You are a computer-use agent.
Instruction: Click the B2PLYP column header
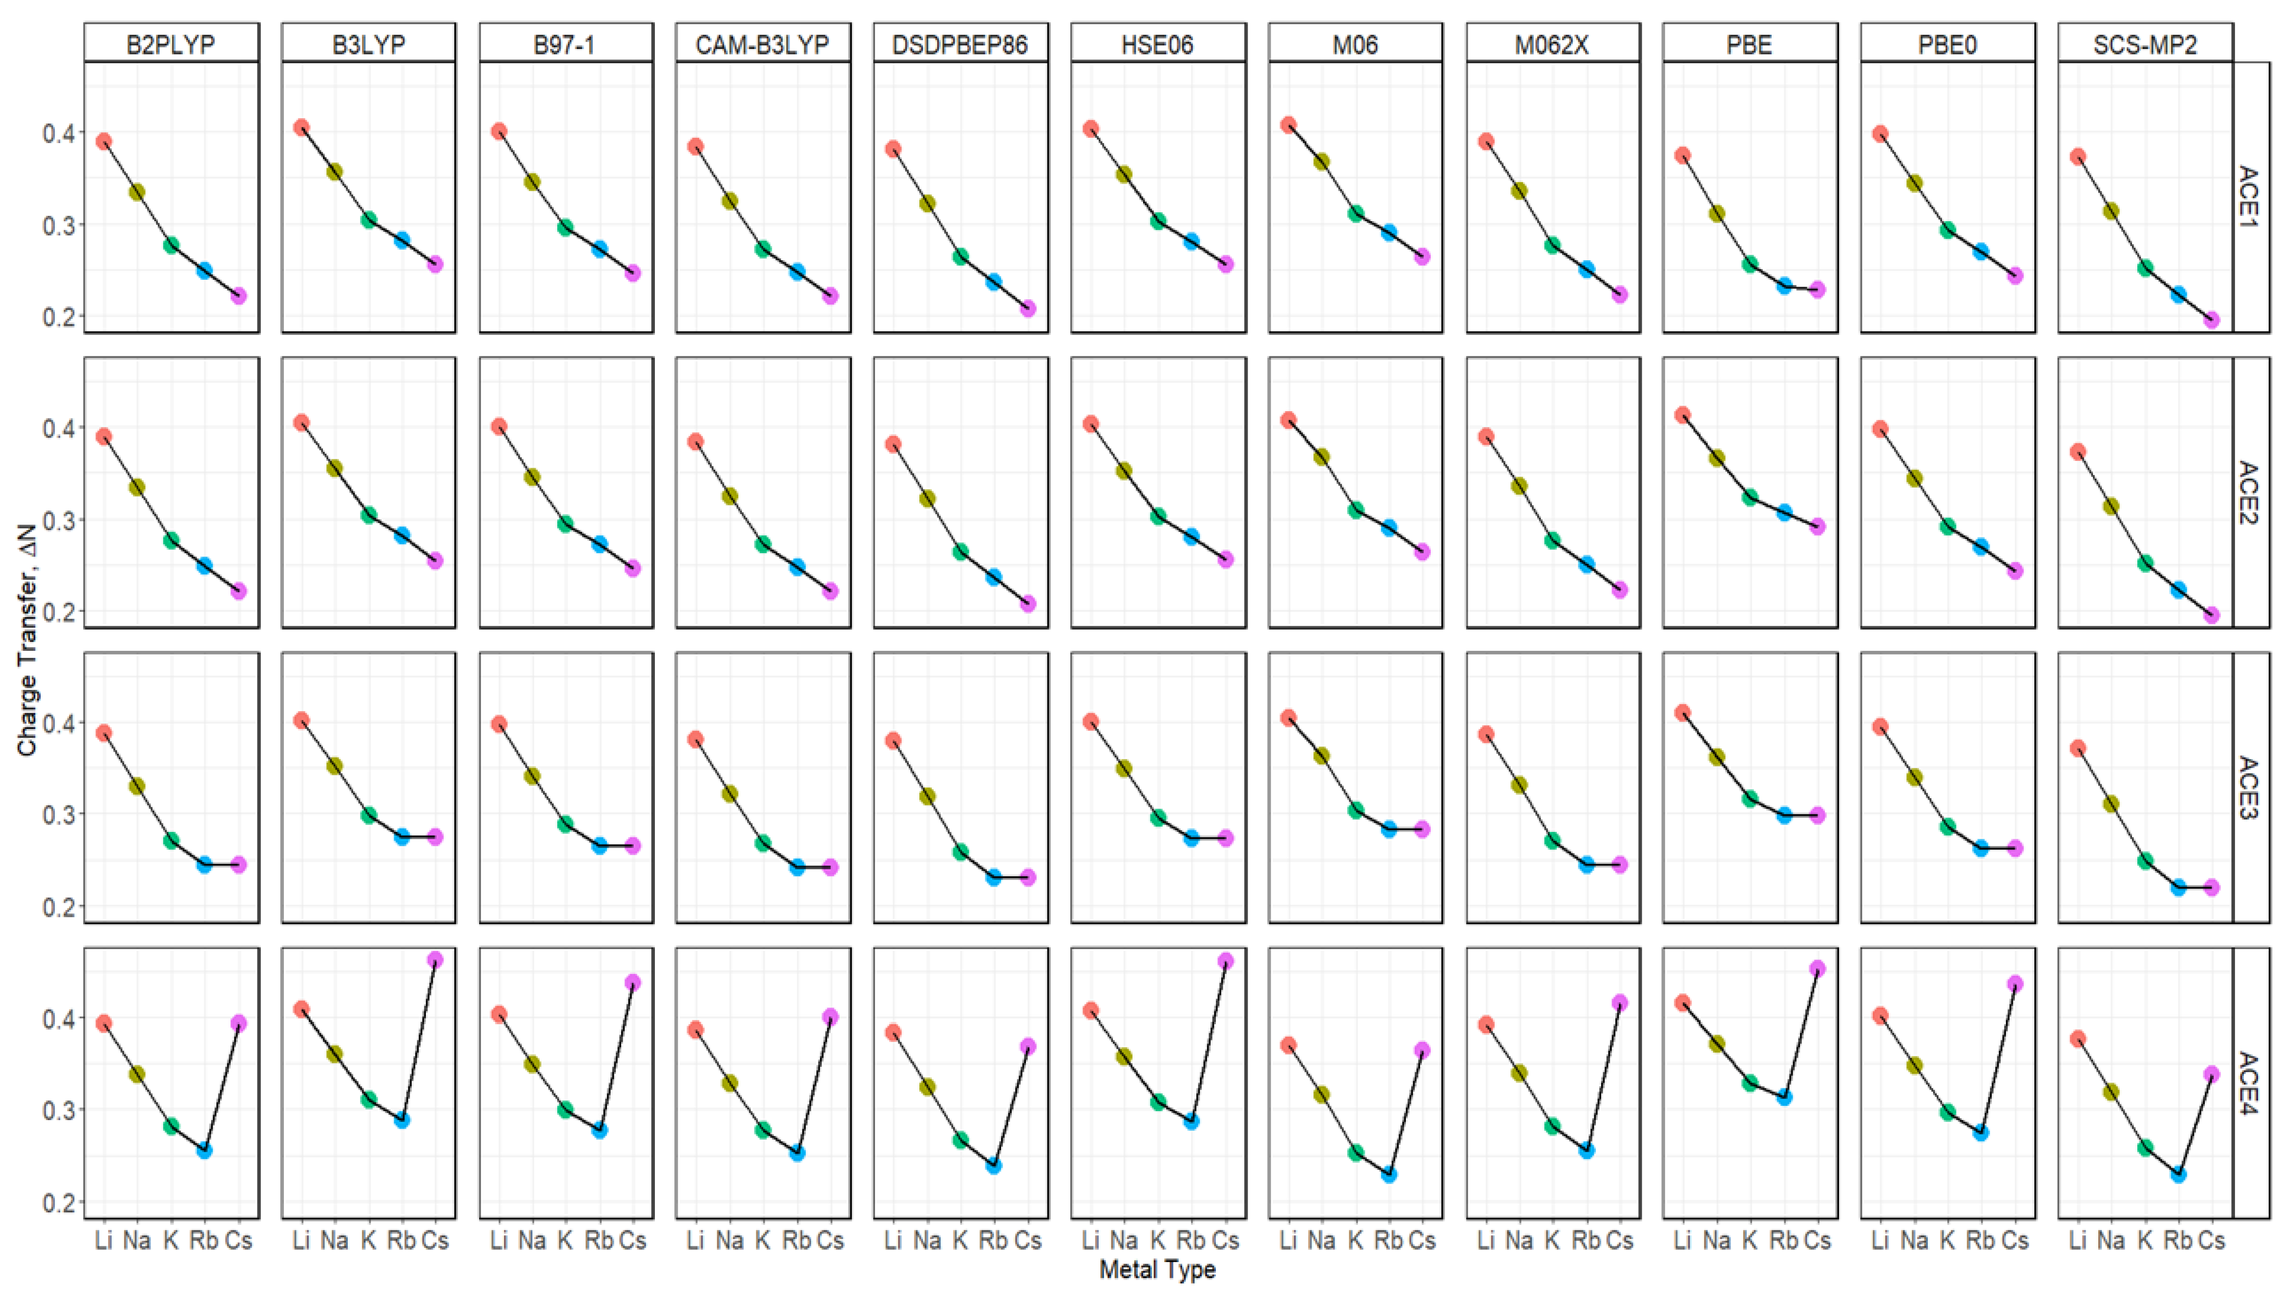pos(171,44)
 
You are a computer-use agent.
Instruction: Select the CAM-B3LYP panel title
pos(763,44)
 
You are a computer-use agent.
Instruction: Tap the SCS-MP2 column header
pos(2145,44)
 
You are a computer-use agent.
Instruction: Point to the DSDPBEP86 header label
pos(960,44)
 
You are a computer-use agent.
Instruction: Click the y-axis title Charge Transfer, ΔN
pos(27,640)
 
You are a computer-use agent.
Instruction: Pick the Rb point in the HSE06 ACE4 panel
pos(1192,1121)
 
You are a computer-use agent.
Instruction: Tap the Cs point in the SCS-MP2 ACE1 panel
pos(2211,320)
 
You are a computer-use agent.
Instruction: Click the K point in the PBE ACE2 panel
pos(1750,497)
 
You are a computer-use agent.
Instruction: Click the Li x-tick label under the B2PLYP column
pos(103,1240)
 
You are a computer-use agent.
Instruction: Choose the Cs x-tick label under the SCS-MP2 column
pos(2211,1240)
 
